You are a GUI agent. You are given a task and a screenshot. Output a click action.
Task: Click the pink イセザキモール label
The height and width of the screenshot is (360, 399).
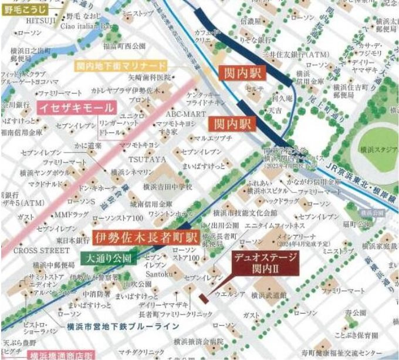[x=68, y=107]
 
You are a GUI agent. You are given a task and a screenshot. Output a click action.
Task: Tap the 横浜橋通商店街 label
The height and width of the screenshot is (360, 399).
[x=60, y=355]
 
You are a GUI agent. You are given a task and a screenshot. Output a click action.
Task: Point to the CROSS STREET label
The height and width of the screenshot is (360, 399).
[x=34, y=250]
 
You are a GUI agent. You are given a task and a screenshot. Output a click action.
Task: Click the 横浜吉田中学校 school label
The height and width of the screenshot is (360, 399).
[x=167, y=187]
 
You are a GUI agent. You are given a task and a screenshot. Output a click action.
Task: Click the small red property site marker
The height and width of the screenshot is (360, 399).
[x=202, y=298]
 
